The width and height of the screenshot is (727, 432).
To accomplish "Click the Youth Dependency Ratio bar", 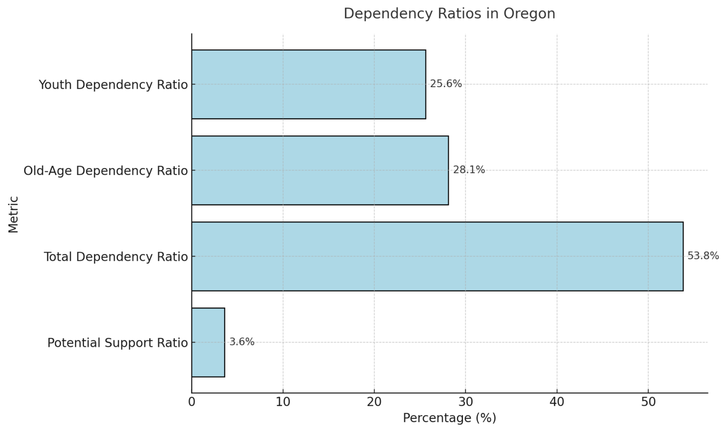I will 309,84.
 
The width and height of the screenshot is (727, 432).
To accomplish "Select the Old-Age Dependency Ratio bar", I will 320,170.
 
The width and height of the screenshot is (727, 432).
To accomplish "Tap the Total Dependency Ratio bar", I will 437,256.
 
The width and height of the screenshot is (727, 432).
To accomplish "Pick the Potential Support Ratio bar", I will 208,343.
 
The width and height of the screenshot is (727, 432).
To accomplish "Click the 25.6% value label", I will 446,84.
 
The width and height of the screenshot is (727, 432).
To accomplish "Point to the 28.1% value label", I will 469,170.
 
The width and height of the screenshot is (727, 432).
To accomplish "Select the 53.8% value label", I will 703,256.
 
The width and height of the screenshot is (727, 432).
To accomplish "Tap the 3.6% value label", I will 242,342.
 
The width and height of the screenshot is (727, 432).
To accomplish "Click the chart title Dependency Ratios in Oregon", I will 449,14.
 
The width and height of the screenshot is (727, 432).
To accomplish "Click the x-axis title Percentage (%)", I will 449,418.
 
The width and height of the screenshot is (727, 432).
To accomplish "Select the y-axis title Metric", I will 13,214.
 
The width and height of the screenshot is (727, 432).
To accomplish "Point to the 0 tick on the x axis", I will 192,402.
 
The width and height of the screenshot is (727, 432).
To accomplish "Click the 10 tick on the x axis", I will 283,402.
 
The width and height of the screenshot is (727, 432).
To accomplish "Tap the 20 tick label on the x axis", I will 374,402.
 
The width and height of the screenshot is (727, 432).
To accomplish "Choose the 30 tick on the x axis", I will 466,402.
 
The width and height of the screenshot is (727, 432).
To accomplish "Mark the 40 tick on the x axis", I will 557,402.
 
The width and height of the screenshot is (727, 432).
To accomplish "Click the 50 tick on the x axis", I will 648,402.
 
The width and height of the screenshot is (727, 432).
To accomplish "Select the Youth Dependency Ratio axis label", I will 113,85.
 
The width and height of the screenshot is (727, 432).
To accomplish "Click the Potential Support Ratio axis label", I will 117,343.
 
